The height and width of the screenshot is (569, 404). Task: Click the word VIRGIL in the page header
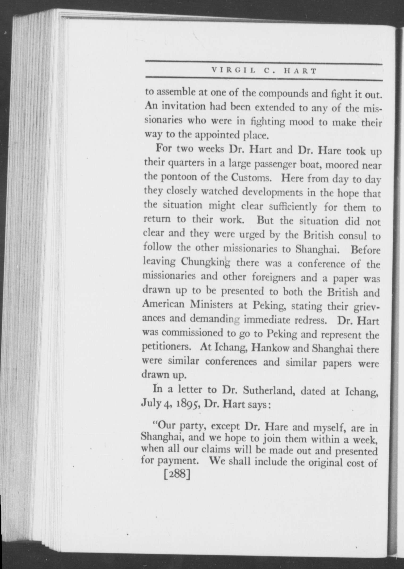point(234,71)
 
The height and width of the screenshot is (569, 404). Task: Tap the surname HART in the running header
point(300,71)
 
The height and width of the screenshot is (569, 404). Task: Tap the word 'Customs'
point(251,177)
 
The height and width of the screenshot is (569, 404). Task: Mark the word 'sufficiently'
point(293,206)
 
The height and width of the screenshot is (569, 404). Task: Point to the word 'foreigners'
point(273,277)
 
